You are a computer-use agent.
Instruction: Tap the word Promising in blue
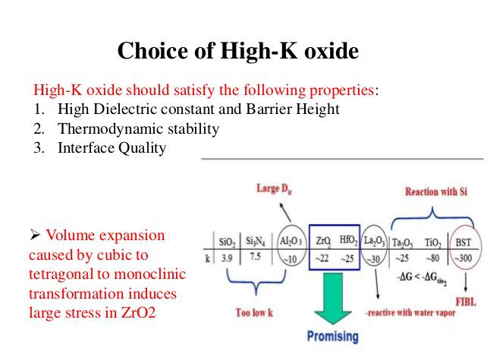point(333,336)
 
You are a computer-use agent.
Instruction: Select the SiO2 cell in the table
point(227,242)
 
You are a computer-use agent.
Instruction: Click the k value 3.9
point(227,258)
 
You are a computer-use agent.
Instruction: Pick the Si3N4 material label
point(255,241)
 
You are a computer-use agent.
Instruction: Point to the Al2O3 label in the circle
point(291,241)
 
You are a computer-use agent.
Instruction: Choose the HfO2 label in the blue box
point(348,240)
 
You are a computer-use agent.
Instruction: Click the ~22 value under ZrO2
point(322,258)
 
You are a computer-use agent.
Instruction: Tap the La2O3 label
point(375,241)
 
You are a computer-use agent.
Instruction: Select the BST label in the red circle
point(464,242)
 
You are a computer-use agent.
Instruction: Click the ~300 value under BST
point(463,258)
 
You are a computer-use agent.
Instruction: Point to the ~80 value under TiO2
point(432,258)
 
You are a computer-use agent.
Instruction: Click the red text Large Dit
point(274,188)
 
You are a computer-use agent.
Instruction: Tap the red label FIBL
point(466,302)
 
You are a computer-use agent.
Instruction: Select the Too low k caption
point(254,312)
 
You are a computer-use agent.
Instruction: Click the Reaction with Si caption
point(436,191)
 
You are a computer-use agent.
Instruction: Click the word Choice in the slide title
point(152,50)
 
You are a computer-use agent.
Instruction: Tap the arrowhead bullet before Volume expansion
point(35,235)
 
